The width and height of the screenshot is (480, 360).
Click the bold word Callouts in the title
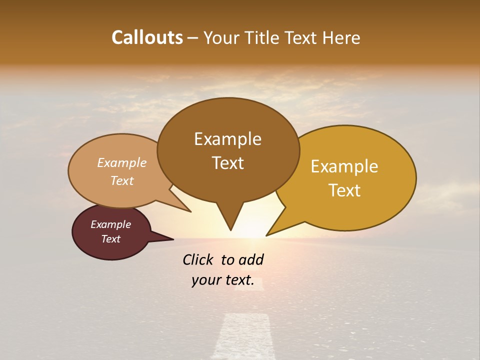[147, 37]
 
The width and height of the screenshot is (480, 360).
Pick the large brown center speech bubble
[228, 150]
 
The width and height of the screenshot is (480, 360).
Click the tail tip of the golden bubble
[268, 234]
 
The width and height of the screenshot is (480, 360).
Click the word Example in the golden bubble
[344, 166]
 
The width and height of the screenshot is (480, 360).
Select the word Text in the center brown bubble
[228, 163]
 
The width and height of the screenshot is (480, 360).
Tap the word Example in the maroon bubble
[110, 224]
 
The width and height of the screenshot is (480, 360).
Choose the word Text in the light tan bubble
[122, 180]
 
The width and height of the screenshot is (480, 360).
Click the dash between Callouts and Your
[193, 38]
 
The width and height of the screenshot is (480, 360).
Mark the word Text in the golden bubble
[344, 190]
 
